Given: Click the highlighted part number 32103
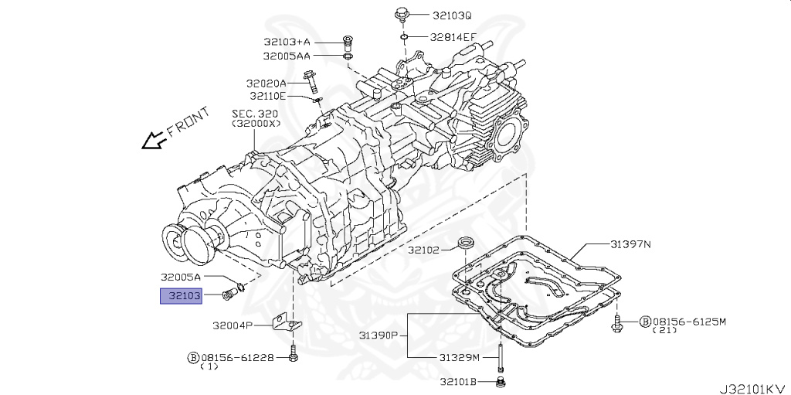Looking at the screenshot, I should [x=181, y=295].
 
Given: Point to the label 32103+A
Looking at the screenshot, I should [x=287, y=42].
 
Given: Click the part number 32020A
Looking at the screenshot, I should [x=266, y=83].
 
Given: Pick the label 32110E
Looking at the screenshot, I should [x=267, y=96].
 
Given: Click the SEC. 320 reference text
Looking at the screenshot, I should [x=255, y=114].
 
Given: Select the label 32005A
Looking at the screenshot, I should [x=181, y=277].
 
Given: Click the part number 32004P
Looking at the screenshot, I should [x=227, y=325].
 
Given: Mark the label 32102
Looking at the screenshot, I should [x=424, y=250].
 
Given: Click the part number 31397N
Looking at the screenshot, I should [x=630, y=245].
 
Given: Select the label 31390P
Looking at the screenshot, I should [x=378, y=335].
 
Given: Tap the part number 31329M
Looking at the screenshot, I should [x=460, y=357].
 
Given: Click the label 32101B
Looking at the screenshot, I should [x=460, y=381].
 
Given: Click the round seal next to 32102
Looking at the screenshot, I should [x=466, y=245].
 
